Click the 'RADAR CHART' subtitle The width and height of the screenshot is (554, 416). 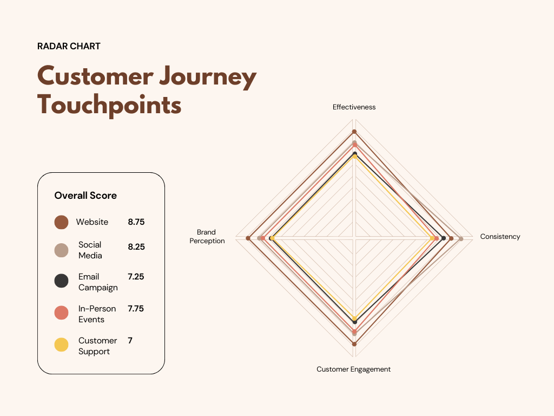[x=69, y=47]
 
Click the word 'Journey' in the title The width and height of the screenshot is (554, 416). [x=203, y=76]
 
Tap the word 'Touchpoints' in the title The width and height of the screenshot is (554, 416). [x=109, y=105]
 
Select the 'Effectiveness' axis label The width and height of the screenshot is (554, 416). [x=354, y=107]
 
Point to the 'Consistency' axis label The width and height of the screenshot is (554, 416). [x=500, y=237]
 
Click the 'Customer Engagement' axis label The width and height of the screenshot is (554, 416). [x=353, y=369]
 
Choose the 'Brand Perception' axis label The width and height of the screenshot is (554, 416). [x=207, y=237]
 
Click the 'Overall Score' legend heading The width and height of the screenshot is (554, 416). [x=85, y=196]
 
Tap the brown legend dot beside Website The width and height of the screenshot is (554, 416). [x=61, y=222]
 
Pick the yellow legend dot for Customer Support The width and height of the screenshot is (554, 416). [x=61, y=345]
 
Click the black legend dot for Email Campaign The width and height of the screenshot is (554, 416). [x=61, y=281]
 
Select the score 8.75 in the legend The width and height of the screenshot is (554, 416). [x=136, y=222]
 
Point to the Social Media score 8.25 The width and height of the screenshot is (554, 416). [x=136, y=247]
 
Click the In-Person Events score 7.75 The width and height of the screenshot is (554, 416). [x=136, y=309]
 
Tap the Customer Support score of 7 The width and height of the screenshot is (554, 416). [x=130, y=341]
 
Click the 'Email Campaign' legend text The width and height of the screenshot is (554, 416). [x=97, y=282]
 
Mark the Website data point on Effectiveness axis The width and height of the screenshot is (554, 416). [x=354, y=132]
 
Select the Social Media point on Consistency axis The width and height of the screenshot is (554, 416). [x=461, y=238]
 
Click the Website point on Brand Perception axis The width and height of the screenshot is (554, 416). [x=248, y=238]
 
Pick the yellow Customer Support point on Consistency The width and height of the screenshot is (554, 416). [x=432, y=238]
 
